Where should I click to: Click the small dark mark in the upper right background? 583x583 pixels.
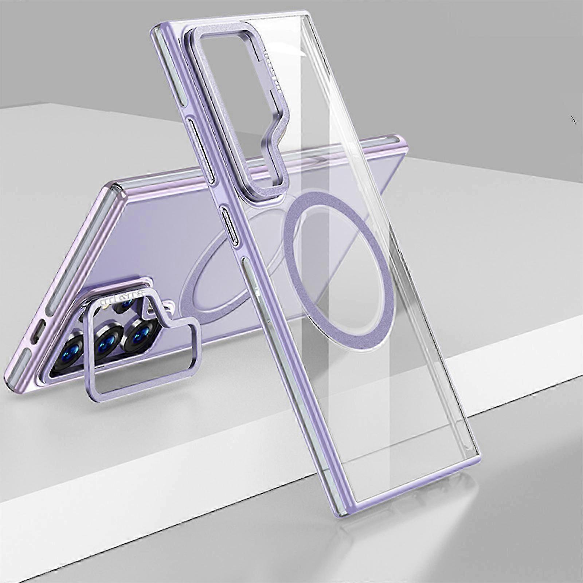[574, 120]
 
